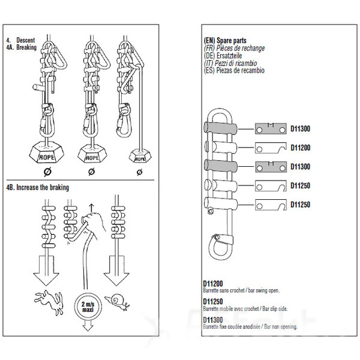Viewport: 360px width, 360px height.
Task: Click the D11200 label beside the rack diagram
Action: tap(300, 147)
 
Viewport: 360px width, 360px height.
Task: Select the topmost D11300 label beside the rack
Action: tap(300, 128)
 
